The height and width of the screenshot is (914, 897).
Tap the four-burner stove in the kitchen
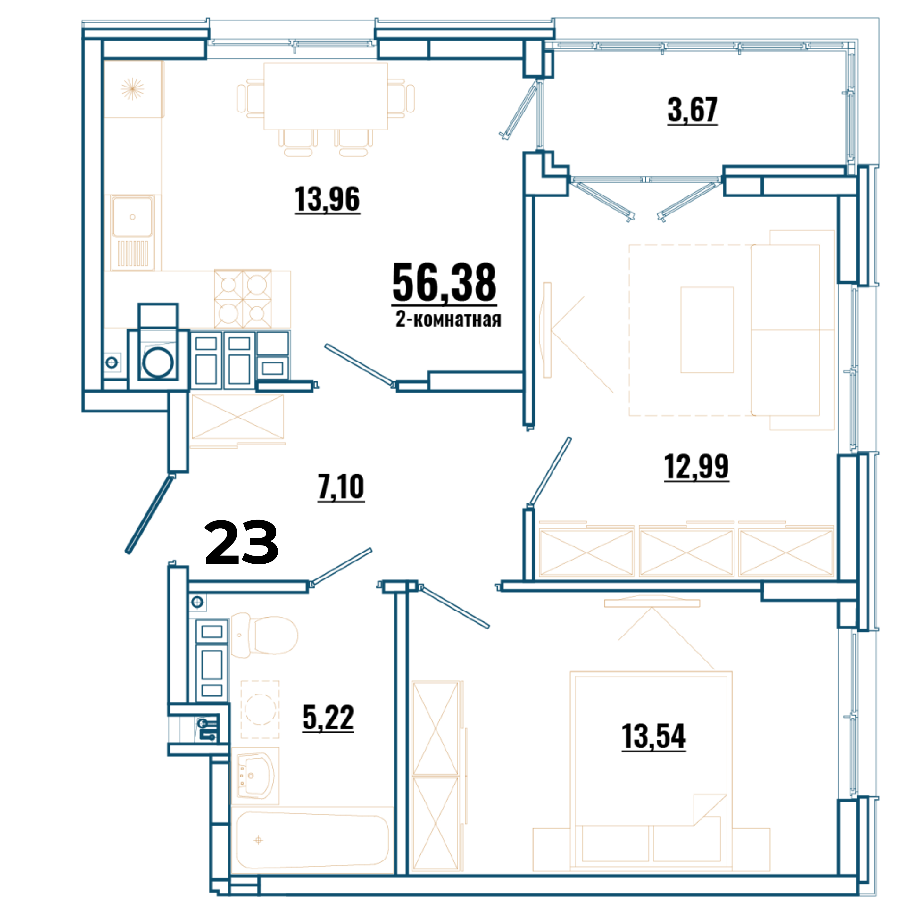[x=243, y=299]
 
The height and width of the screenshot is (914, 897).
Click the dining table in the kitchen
[x=326, y=96]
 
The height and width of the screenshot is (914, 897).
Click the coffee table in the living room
[x=707, y=330]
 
